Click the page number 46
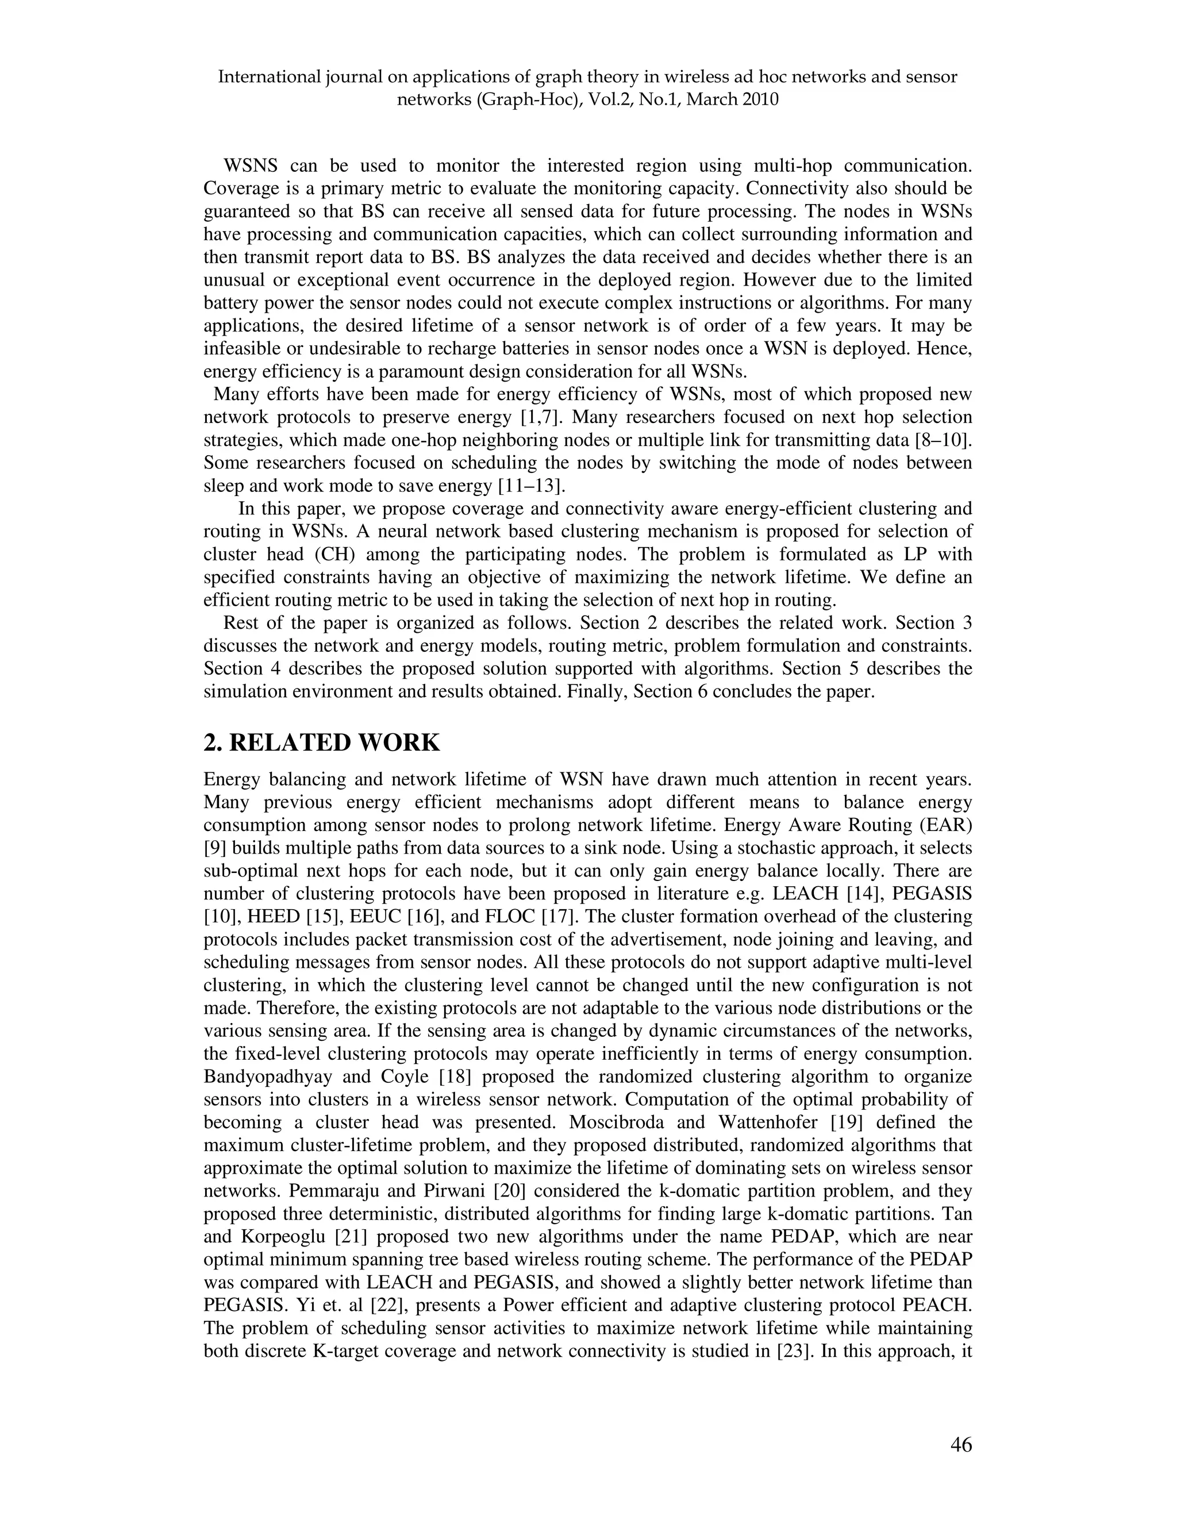pyautogui.click(x=960, y=1445)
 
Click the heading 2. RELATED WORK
pyautogui.click(x=321, y=743)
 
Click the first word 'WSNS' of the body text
pyautogui.click(x=251, y=166)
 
